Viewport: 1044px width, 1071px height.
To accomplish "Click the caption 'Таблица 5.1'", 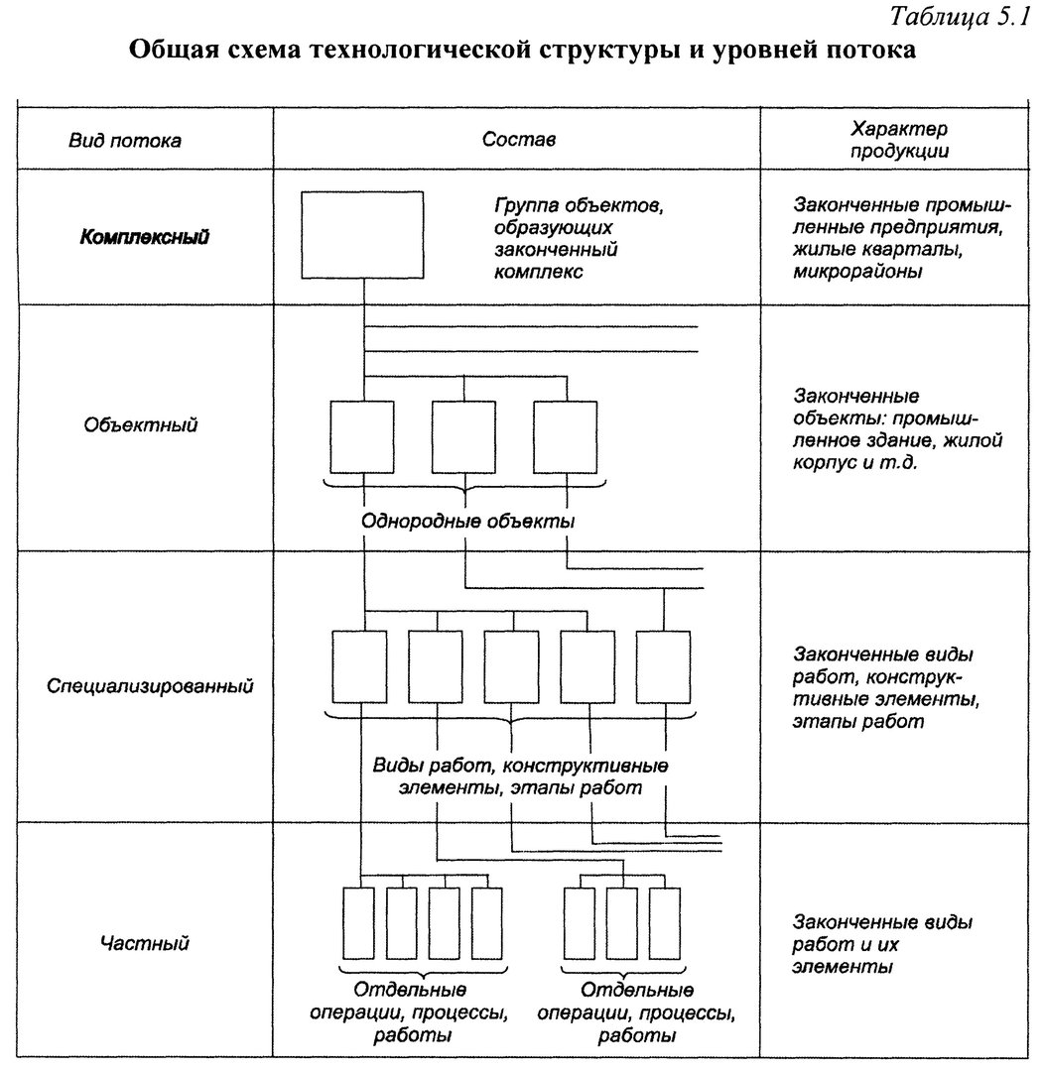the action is [x=960, y=17].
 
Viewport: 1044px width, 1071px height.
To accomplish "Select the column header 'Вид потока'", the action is [x=124, y=141].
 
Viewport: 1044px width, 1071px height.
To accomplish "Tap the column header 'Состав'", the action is [x=518, y=140].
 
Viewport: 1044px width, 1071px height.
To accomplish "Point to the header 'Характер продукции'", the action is [x=899, y=140].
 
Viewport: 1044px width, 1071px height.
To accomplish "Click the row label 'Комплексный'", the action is [x=144, y=237].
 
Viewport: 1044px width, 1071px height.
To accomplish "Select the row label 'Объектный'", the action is [x=140, y=424].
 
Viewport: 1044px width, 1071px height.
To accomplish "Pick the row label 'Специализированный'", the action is [x=150, y=686].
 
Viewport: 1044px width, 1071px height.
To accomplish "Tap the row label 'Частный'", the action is [x=144, y=944].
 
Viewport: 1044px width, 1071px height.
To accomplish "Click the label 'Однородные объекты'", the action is [x=467, y=522].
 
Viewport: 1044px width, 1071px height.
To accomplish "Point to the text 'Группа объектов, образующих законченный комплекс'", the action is [x=579, y=238].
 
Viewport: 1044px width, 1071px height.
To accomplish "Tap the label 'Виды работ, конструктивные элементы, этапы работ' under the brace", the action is [x=520, y=776].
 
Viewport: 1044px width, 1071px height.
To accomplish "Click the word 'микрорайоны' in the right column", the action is [x=857, y=271].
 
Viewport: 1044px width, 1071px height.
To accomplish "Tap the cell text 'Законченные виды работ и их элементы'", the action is [x=882, y=945].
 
